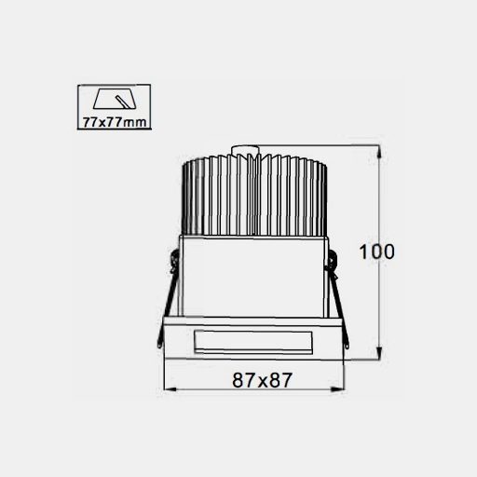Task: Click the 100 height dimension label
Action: click(x=376, y=252)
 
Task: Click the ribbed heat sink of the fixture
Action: click(x=252, y=196)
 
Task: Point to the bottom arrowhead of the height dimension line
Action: click(x=378, y=355)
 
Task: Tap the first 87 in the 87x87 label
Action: click(x=241, y=379)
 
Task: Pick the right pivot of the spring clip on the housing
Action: click(x=331, y=266)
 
